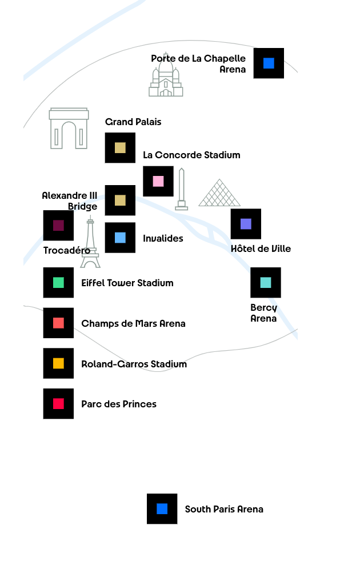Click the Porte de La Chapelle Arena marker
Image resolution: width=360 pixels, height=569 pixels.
point(269,63)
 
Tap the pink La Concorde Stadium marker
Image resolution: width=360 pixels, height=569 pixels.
point(158,181)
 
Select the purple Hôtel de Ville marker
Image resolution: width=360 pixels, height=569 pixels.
point(246,224)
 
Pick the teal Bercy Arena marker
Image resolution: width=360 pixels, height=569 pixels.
point(266,283)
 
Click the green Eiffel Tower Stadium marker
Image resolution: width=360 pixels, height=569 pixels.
point(58,283)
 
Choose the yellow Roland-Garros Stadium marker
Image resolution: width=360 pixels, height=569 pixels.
point(58,363)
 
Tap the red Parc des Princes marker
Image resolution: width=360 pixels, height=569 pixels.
point(58,403)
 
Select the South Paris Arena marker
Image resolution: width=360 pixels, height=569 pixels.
point(162,509)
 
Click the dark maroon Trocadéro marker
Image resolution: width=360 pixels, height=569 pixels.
point(58,225)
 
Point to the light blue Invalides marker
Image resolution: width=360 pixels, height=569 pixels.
point(120,238)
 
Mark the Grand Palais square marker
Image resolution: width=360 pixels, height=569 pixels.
point(120,148)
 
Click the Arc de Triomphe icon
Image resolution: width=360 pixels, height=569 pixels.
point(69,128)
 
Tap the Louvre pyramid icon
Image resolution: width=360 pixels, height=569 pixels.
point(219,193)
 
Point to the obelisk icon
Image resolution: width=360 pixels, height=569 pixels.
point(182,189)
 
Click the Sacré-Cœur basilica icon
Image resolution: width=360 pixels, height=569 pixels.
point(166,74)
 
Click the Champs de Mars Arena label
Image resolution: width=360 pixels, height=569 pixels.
point(133,323)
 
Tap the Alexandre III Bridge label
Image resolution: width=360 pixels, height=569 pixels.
point(70,201)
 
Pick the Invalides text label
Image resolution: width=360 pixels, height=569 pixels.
point(163,238)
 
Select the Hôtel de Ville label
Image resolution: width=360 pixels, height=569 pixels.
point(261,248)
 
